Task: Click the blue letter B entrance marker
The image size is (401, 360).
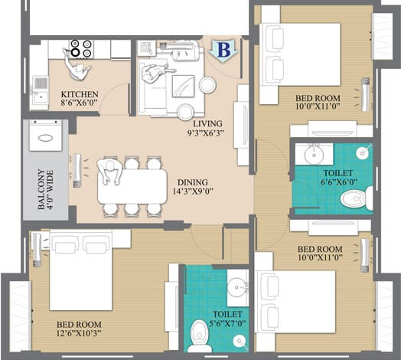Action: (223, 51)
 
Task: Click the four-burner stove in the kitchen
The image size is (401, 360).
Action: (81, 48)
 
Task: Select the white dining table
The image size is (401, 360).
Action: (132, 185)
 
